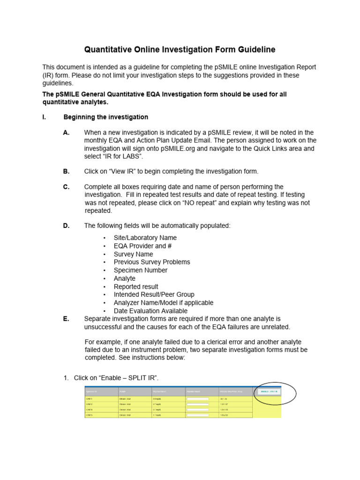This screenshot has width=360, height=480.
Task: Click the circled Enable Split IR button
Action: click(x=269, y=391)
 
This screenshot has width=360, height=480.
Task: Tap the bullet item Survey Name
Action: click(x=133, y=254)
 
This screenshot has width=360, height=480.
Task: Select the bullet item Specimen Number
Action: click(x=140, y=270)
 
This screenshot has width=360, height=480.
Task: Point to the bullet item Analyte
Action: click(x=124, y=278)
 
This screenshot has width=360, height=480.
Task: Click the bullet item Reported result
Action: click(x=136, y=286)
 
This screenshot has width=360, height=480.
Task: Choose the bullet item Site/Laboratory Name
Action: click(x=145, y=238)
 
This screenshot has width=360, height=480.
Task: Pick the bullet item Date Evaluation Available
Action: click(x=150, y=311)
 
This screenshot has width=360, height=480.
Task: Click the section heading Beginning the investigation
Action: click(x=105, y=117)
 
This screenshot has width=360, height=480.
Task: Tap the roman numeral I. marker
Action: click(x=44, y=117)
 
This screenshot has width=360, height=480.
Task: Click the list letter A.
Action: click(x=66, y=133)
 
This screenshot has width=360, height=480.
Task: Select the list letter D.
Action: click(x=66, y=225)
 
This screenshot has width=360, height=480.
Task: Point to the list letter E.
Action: click(x=66, y=319)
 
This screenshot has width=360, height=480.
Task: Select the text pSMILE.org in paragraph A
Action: click(x=177, y=149)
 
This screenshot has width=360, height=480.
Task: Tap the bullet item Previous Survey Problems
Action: click(x=151, y=262)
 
